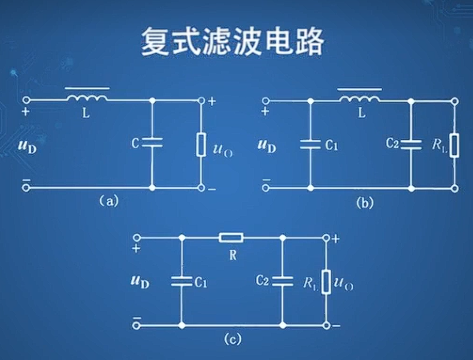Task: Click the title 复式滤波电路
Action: tap(232, 42)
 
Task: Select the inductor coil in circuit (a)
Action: tap(87, 99)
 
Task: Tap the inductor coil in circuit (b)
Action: tap(359, 99)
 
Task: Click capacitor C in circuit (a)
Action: tap(152, 143)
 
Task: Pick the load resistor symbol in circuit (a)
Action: tap(201, 145)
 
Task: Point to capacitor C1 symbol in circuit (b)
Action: tap(310, 145)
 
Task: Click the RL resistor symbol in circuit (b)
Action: tap(455, 145)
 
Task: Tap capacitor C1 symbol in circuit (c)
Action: tap(182, 281)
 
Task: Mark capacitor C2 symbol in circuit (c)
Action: tap(283, 281)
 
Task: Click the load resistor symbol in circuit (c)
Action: tap(327, 282)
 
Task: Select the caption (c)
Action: tap(232, 339)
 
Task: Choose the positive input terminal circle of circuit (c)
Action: tap(136, 237)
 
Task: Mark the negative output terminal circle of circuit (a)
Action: tap(201, 188)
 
